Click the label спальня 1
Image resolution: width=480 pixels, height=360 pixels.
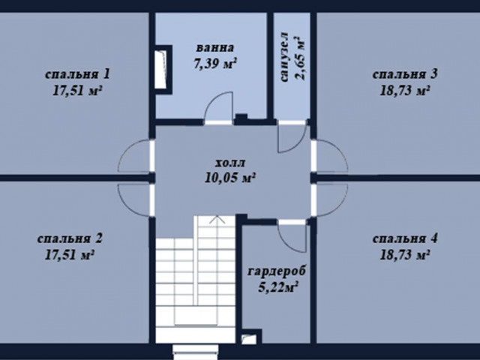pyautogui.click(x=77, y=74)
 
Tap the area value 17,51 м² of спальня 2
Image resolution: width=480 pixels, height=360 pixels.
pyautogui.click(x=69, y=255)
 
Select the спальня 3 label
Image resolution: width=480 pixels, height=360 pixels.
pyautogui.click(x=405, y=74)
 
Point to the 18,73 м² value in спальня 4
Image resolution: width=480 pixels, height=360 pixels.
pyautogui.click(x=405, y=255)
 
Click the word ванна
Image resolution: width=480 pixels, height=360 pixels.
pyautogui.click(x=215, y=48)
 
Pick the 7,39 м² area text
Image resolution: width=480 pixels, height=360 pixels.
pyautogui.click(x=215, y=64)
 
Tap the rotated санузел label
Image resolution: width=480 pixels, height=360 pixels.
pyautogui.click(x=284, y=57)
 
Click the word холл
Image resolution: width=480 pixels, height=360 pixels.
pyautogui.click(x=230, y=163)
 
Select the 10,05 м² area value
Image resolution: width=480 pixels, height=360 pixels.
pyautogui.click(x=230, y=178)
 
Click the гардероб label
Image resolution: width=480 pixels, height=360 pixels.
pyautogui.click(x=277, y=271)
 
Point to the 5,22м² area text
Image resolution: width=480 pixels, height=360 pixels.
pyautogui.click(x=278, y=288)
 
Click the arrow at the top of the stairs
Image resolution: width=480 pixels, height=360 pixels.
pyautogui.click(x=217, y=219)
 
